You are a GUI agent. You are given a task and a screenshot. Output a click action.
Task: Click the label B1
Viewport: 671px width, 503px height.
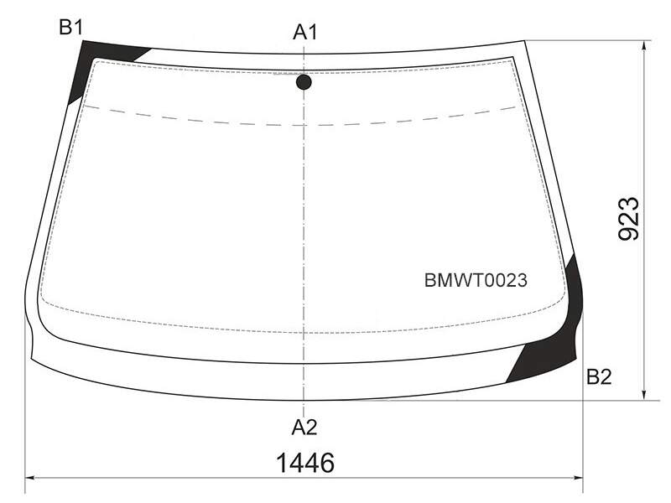coord(70,28)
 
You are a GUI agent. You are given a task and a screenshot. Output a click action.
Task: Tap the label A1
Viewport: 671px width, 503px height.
coord(305,32)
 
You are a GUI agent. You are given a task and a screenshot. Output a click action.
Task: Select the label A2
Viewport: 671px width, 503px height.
coord(304,427)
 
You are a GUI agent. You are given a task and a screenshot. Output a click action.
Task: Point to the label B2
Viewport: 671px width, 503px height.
coord(599,376)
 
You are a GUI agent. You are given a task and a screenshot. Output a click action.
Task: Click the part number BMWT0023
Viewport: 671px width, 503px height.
coord(476,281)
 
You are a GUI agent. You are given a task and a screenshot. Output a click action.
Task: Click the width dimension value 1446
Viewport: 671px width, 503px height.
coord(305,463)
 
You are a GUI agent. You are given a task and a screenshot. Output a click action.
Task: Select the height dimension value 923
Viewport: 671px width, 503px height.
coord(629,219)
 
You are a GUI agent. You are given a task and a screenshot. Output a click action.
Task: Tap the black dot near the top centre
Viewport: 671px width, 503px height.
coord(304,82)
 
